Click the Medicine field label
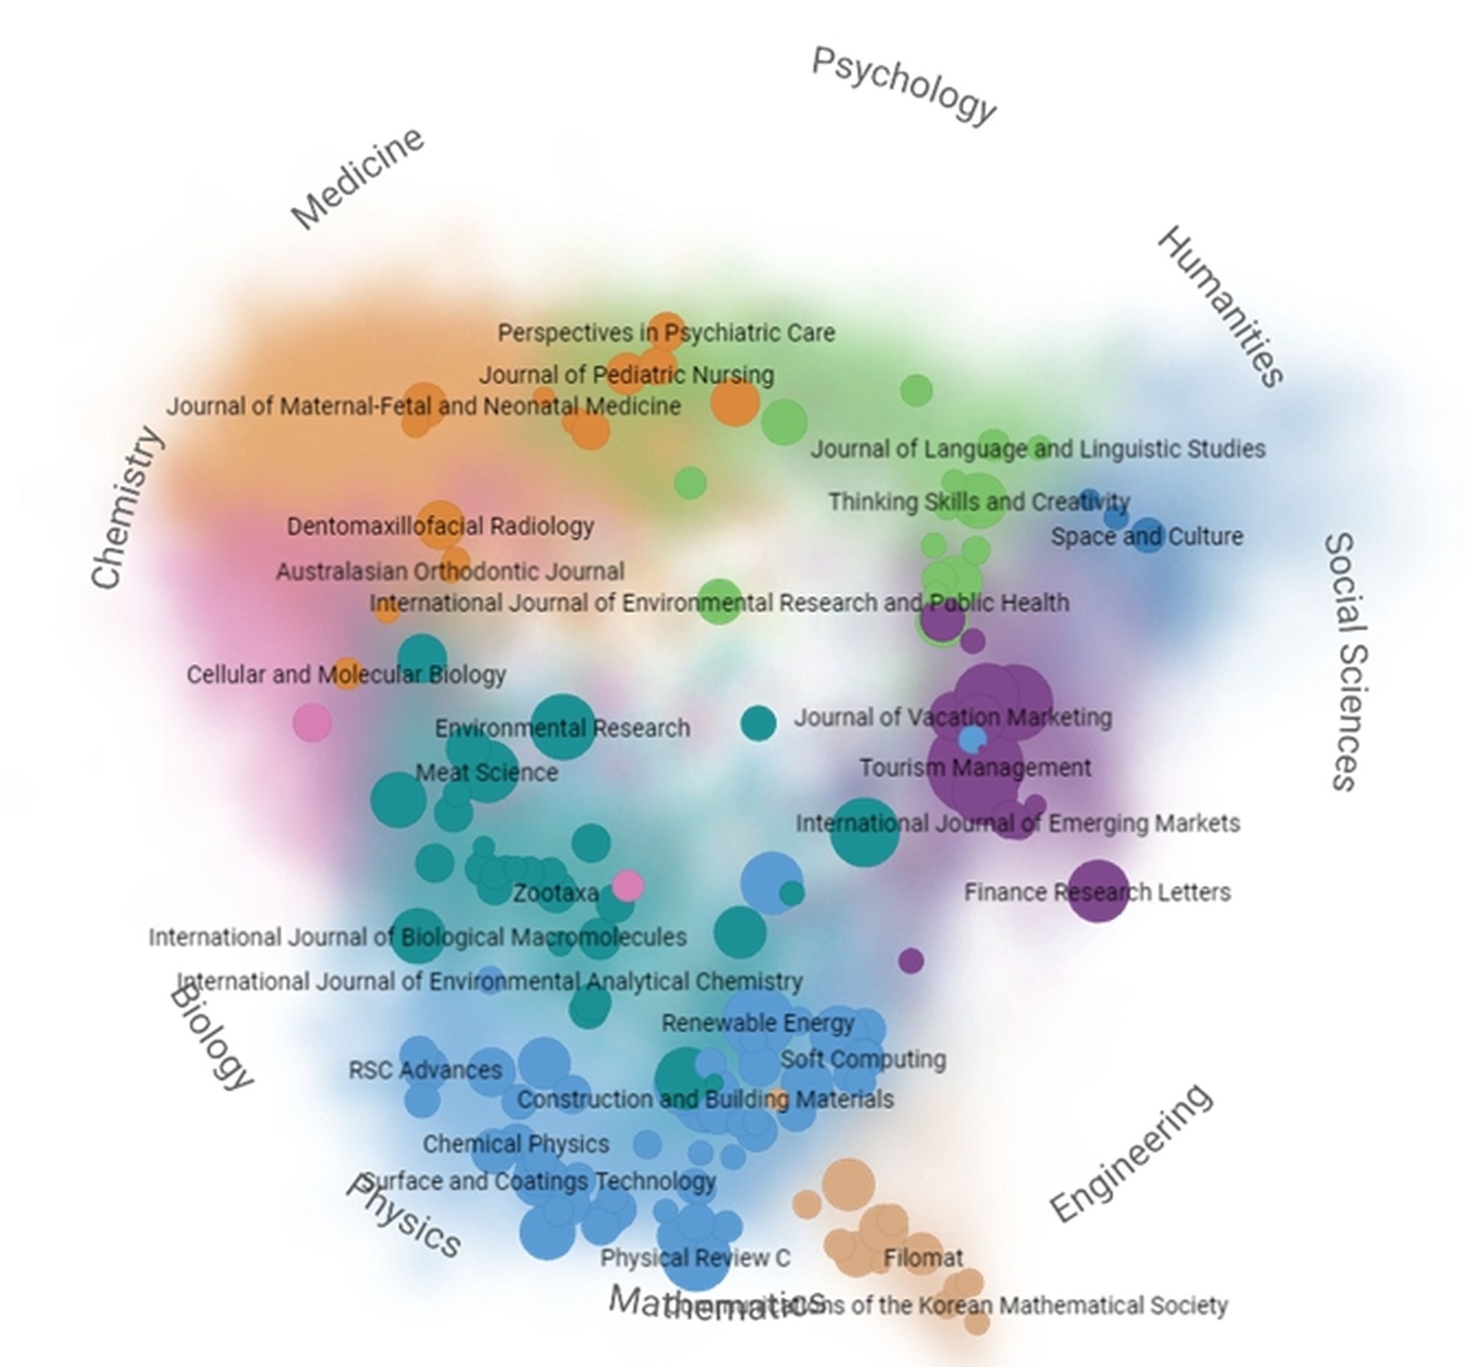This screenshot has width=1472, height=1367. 357,178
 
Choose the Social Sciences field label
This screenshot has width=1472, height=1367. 1346,662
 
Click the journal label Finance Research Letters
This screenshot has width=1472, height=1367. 1097,892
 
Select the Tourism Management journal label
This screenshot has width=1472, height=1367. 975,768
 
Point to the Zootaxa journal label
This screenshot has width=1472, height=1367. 556,893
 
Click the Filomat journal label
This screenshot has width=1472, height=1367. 923,1257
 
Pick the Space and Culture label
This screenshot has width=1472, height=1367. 1147,537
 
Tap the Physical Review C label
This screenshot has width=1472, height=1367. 695,1257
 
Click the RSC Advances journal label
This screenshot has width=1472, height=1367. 425,1070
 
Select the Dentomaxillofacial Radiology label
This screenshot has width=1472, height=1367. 440,526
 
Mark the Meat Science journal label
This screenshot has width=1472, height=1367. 486,772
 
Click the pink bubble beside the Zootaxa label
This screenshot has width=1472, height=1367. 628,885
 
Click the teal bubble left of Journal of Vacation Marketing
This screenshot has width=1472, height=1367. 758,723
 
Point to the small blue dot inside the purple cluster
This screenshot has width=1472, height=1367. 972,738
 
